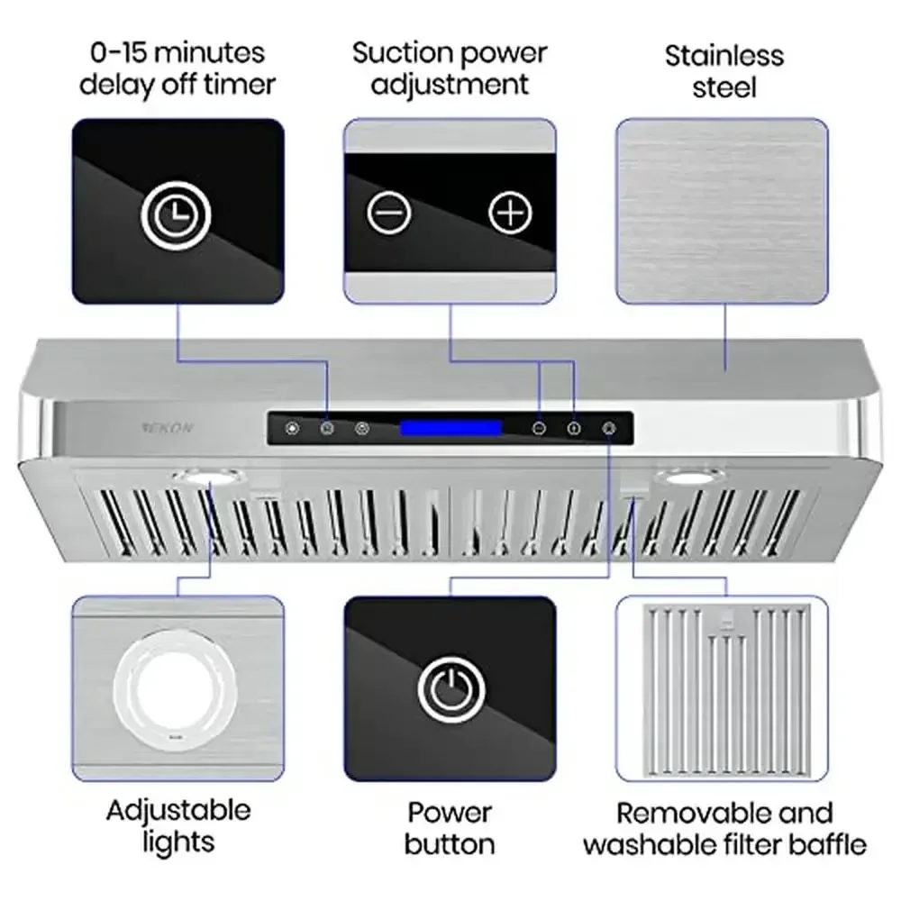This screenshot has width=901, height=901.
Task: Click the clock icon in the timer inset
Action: pyautogui.click(x=177, y=214)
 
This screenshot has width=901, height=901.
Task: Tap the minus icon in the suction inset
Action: pyautogui.click(x=389, y=214)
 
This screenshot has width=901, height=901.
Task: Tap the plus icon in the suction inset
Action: pyautogui.click(x=510, y=213)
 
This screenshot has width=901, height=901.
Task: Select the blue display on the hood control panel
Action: pyautogui.click(x=451, y=429)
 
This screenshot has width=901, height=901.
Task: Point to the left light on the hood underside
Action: pyautogui.click(x=206, y=476)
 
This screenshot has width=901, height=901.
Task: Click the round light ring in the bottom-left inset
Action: pyautogui.click(x=177, y=689)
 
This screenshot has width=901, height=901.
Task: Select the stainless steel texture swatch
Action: pyautogui.click(x=722, y=210)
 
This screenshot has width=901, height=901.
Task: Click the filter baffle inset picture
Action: pyautogui.click(x=722, y=687)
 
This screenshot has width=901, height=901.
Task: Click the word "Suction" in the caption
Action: pyautogui.click(x=398, y=52)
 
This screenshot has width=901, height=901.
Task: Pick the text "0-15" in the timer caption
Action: pyautogui.click(x=114, y=52)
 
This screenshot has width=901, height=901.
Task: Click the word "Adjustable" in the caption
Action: pyautogui.click(x=178, y=810)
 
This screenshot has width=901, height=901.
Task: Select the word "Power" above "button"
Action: pyautogui.click(x=450, y=812)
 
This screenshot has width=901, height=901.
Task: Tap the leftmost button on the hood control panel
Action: pyautogui.click(x=292, y=429)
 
